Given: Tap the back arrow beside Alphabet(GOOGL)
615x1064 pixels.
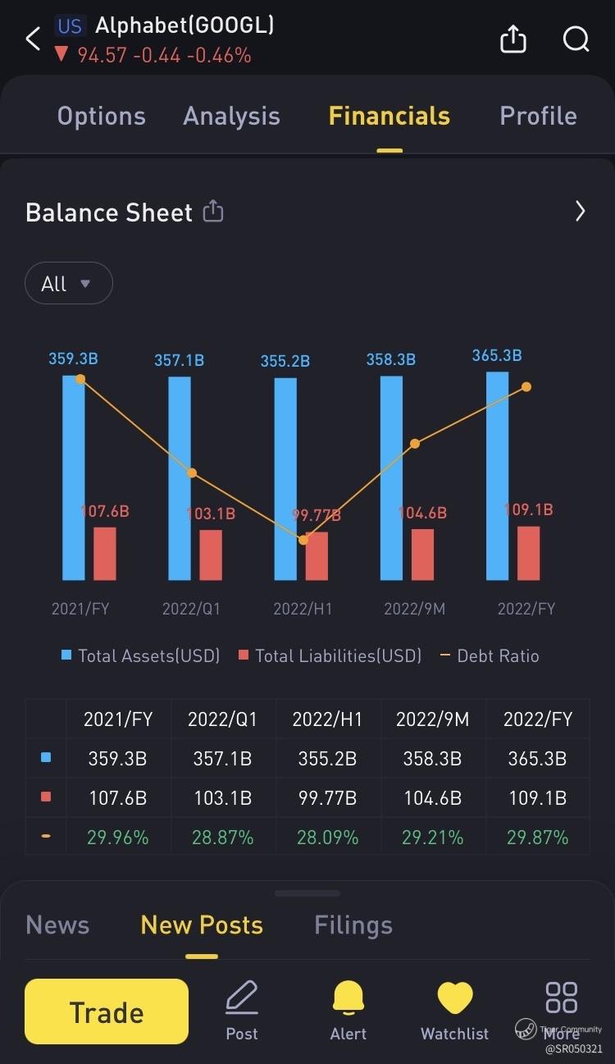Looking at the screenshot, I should (33, 39).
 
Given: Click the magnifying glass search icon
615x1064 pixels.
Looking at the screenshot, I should (576, 39).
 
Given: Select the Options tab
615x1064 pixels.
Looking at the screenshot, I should (101, 116).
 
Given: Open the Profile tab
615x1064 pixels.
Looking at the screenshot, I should (538, 116).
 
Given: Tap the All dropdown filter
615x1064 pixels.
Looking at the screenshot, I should (68, 284).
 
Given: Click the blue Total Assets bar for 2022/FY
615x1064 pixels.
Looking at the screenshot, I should (497, 476).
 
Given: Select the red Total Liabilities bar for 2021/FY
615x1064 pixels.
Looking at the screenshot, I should (105, 554).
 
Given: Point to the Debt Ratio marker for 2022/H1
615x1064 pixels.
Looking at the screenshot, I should (303, 540).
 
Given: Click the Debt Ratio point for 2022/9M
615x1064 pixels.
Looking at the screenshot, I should (415, 444).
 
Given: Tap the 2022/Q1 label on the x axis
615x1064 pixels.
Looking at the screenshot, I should (191, 609).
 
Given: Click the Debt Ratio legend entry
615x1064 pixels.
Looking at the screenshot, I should (490, 655).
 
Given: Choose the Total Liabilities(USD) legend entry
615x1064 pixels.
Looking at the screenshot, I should (330, 655).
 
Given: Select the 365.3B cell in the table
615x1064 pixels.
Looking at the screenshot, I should (537, 759).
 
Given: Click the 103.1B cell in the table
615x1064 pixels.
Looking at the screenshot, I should (222, 798).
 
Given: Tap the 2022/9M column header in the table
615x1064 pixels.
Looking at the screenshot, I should (432, 719).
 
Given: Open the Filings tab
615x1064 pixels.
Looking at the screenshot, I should (353, 925).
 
